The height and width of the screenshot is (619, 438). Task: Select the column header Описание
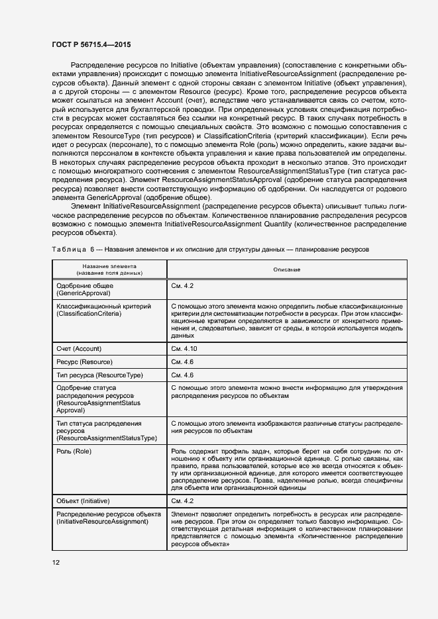286,269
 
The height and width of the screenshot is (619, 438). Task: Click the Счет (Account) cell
81,348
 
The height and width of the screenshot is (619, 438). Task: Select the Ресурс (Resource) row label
84,362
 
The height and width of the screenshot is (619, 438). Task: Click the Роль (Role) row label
74,451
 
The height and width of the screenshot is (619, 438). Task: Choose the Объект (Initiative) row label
83,500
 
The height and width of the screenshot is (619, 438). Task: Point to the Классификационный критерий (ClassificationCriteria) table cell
104,310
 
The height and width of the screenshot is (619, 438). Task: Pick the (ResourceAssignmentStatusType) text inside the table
107,438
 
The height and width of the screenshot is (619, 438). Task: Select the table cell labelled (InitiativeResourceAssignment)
103,522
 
